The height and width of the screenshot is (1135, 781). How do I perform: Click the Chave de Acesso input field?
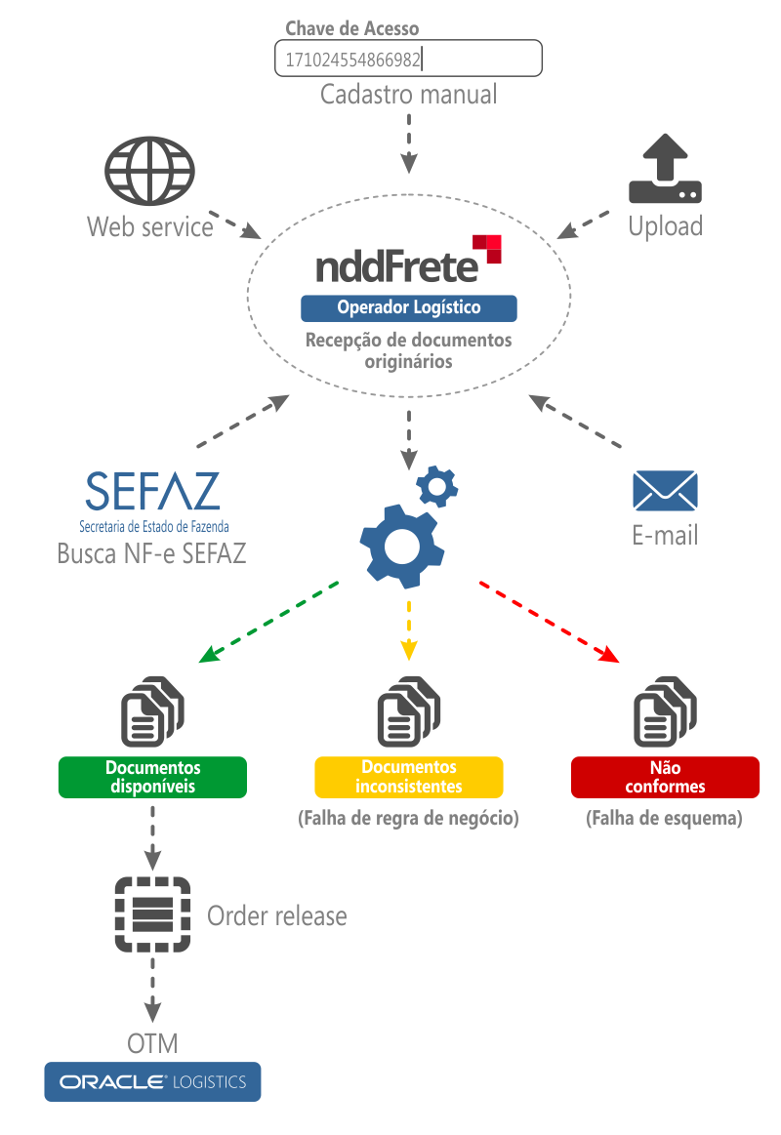point(408,59)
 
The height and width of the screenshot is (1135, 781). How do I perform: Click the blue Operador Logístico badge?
point(408,308)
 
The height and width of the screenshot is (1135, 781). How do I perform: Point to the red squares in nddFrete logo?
point(487,248)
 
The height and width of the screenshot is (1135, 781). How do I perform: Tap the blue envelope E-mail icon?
point(665,491)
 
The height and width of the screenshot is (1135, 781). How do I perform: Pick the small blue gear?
point(437,485)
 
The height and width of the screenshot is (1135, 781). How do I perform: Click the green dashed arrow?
point(268,622)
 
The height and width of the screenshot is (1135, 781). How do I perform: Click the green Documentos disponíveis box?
point(152,777)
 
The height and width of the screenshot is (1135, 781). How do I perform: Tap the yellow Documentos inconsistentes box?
point(408,777)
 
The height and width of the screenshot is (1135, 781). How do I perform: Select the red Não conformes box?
point(665,777)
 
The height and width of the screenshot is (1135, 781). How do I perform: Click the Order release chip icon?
point(152,915)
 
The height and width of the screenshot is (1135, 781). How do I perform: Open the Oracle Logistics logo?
point(152,1081)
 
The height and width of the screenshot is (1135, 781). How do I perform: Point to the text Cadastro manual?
point(408,95)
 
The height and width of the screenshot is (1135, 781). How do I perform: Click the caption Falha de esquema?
point(665,819)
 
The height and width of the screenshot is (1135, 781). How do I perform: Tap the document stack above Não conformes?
point(665,711)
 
